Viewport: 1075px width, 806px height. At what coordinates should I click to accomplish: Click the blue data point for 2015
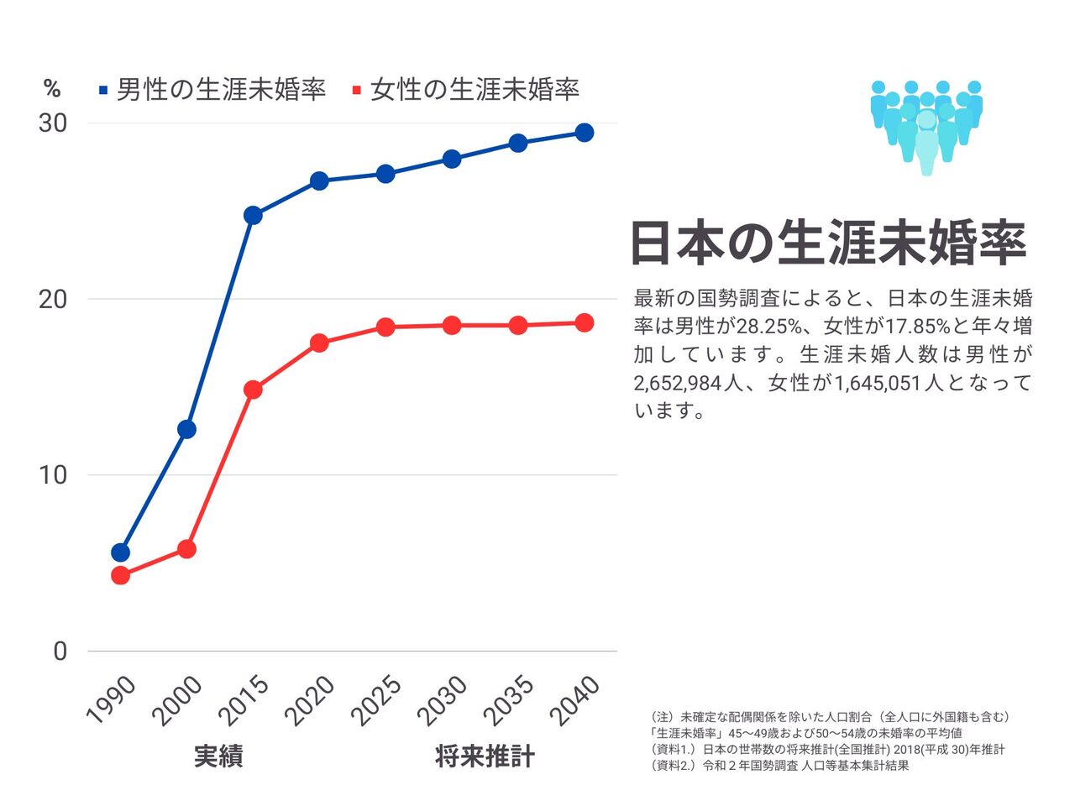pos(253,215)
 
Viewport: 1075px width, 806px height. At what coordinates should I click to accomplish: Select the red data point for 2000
pos(186,549)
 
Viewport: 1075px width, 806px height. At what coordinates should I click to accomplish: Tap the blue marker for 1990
pos(120,552)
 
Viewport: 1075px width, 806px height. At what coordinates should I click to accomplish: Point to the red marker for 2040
pos(584,323)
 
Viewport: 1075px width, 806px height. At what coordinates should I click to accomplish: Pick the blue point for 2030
pos(452,159)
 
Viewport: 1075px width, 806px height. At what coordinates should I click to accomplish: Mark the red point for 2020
pos(319,343)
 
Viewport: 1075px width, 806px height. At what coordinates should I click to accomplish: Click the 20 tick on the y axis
pos(53,299)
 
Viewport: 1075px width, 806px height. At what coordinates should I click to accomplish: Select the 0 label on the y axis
pos(60,651)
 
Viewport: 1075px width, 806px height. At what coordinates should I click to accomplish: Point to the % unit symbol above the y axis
pos(52,89)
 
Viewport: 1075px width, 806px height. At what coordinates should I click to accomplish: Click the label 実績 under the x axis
pos(218,756)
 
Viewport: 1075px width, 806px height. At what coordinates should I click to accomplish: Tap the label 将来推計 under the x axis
pos(485,756)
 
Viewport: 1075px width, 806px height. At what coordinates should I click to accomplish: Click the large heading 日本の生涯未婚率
pos(828,243)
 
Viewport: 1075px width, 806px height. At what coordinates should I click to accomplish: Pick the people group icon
pos(926,126)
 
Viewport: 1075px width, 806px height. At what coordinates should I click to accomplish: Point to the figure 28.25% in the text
pos(770,326)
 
